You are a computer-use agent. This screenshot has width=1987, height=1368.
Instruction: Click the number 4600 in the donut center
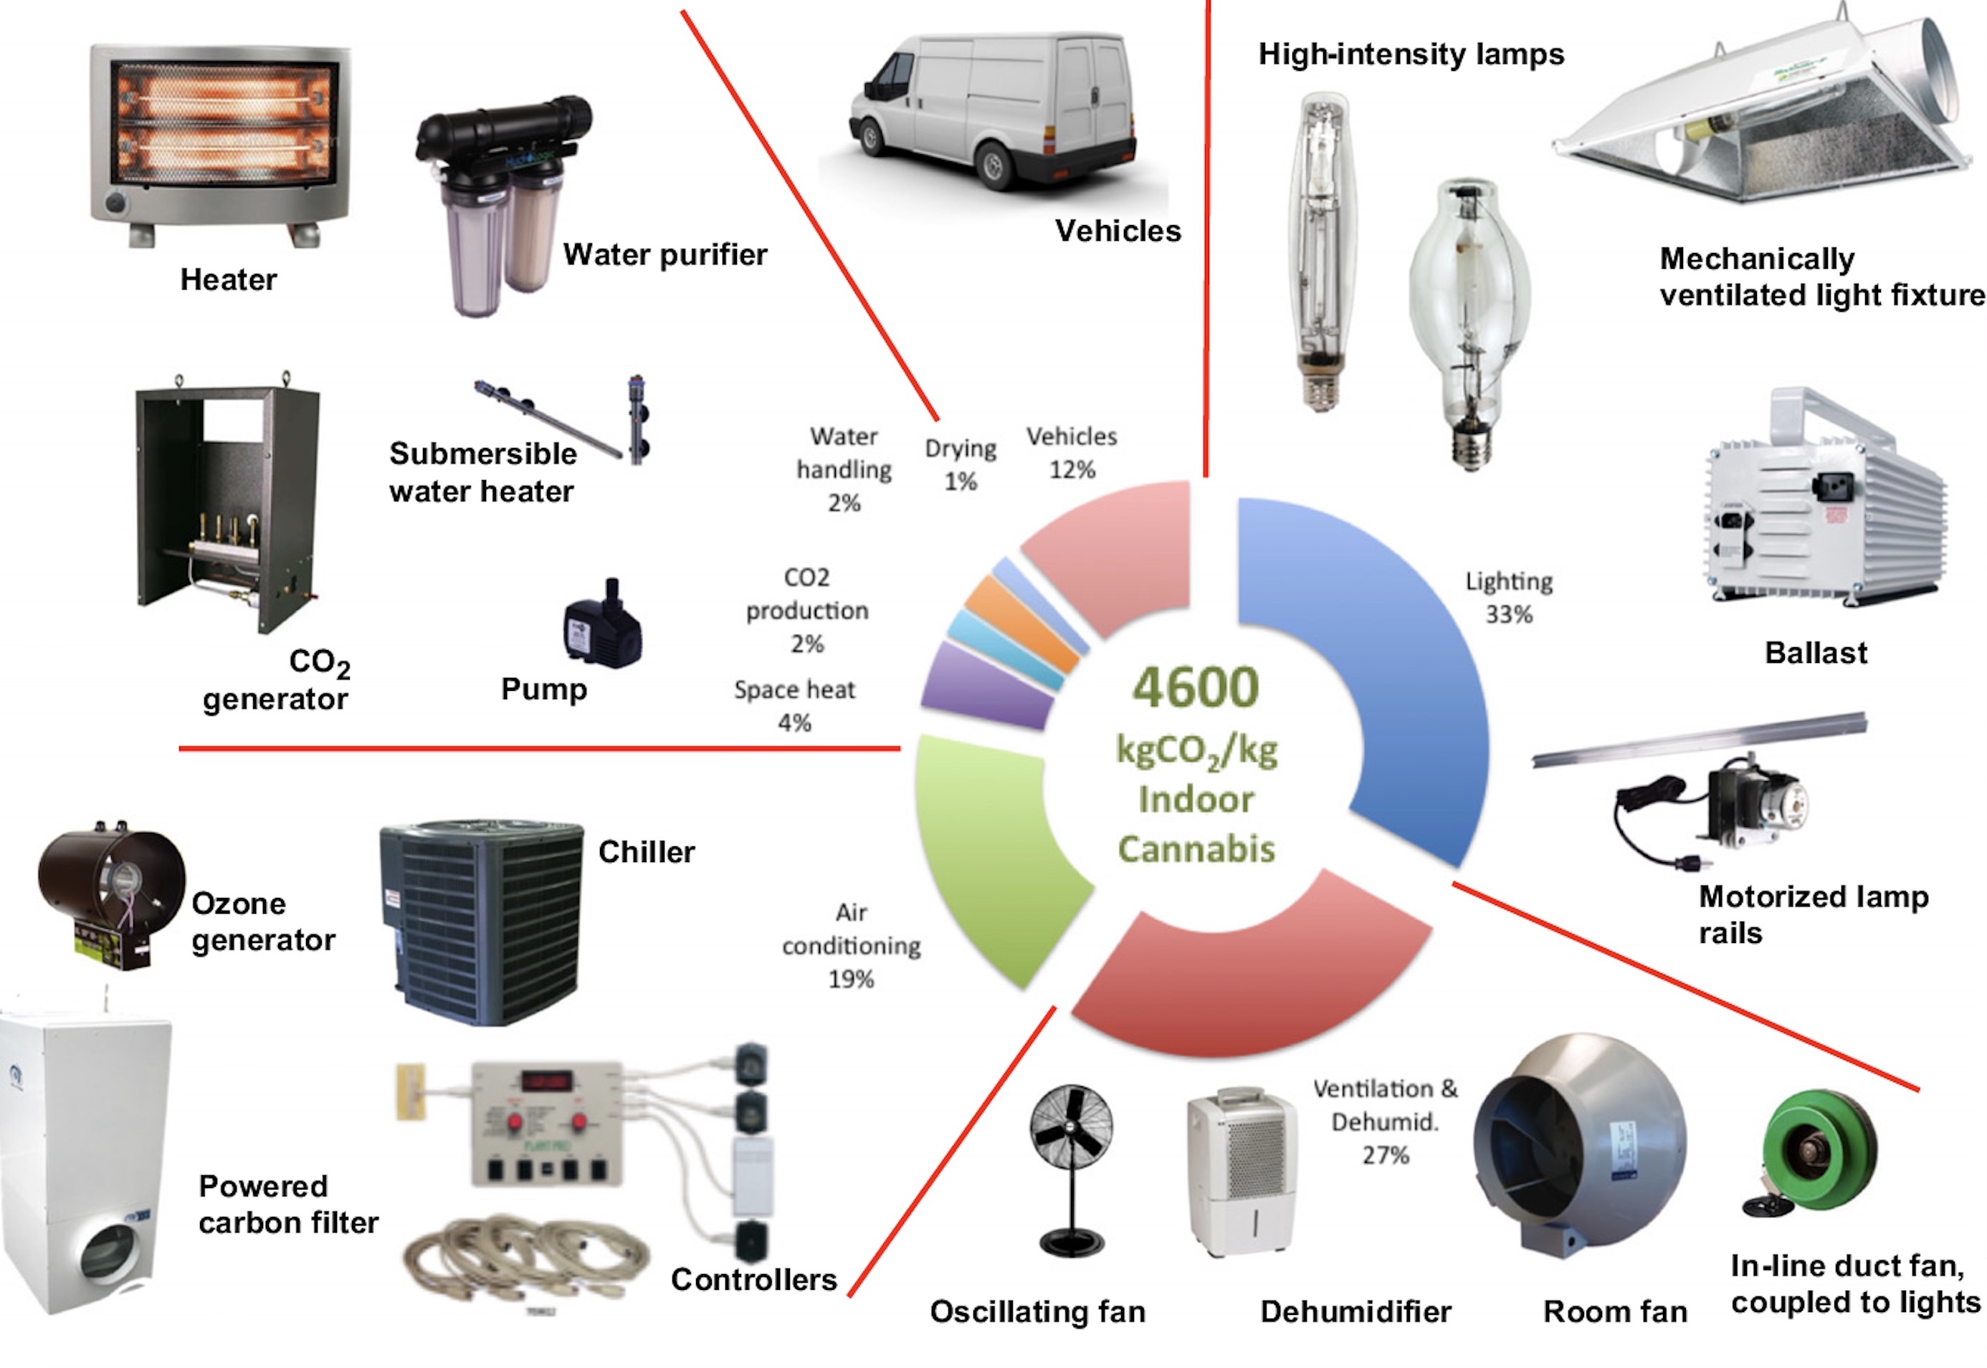tap(1196, 687)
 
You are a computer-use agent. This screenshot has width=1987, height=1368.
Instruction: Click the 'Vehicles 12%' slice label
tap(1072, 453)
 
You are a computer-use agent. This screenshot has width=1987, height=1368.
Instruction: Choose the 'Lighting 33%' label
tap(1509, 598)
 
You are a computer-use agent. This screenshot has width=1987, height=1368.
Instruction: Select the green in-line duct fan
tap(1817, 1149)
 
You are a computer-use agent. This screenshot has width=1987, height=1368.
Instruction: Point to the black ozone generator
tap(111, 891)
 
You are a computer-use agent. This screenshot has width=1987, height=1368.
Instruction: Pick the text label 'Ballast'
tap(1816, 653)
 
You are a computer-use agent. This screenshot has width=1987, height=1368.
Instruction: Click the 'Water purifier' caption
tap(664, 254)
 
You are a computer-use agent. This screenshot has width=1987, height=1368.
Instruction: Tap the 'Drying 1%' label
tap(960, 464)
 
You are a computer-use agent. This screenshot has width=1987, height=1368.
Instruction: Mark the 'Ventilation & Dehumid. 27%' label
tap(1384, 1121)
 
